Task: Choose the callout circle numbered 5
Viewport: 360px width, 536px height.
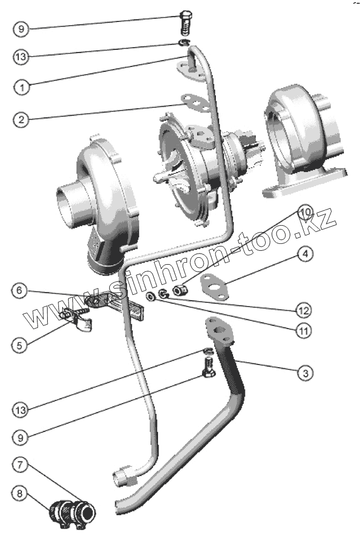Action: (20, 345)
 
